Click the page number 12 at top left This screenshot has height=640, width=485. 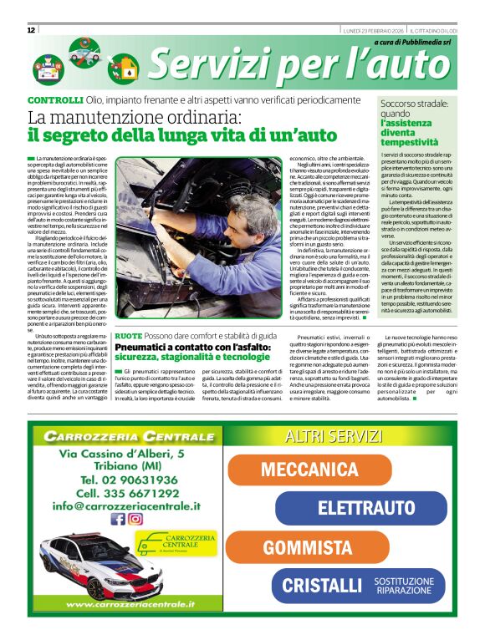point(31,30)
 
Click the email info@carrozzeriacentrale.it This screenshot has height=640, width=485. point(126,505)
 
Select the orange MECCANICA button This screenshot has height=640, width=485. point(310,470)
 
